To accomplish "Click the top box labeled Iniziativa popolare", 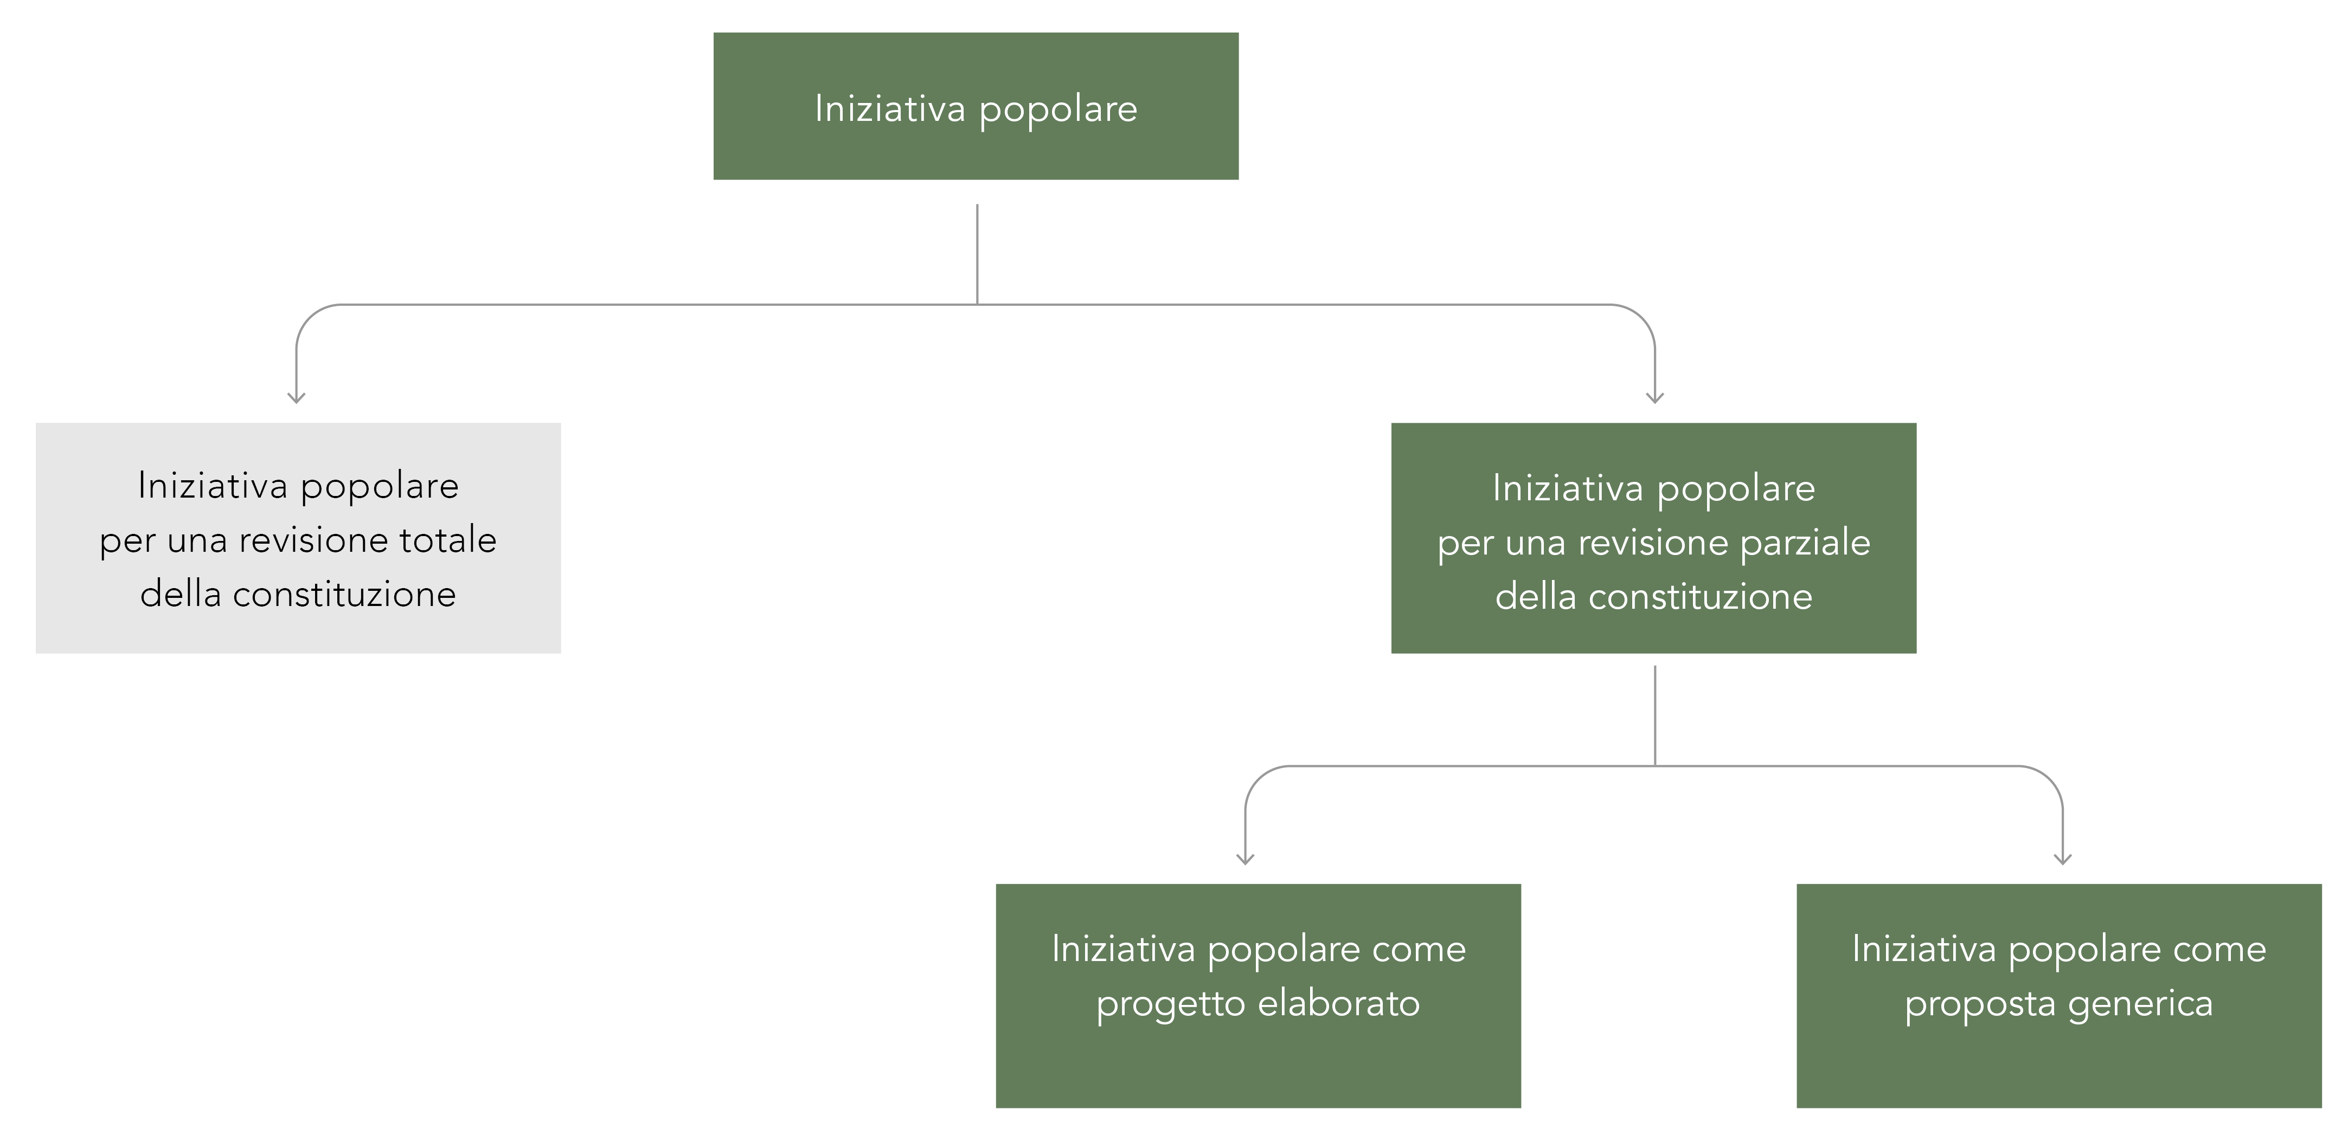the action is pos(976,106).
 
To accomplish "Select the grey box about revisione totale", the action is pos(298,538).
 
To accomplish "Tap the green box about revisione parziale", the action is pos(1653,538).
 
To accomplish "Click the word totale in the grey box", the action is pos(435,540).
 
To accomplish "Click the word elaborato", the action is pos(1338,1003).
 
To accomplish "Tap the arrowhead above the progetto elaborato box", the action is pos(1245,859).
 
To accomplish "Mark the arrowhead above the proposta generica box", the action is pos(2063,859).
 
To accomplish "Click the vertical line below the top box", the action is pos(977,254).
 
